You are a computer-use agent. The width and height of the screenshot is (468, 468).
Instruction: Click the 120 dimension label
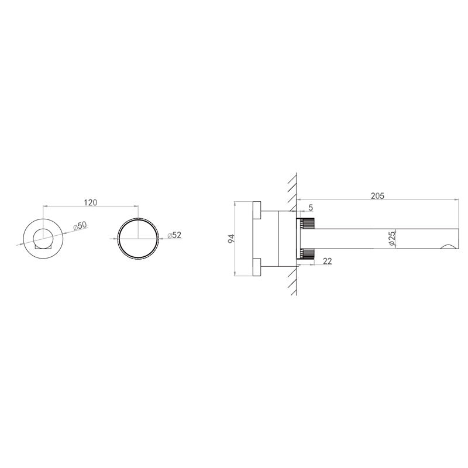click(91, 202)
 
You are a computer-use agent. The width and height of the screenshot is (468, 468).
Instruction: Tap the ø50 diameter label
click(80, 226)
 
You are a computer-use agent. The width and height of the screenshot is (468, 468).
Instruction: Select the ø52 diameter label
click(174, 235)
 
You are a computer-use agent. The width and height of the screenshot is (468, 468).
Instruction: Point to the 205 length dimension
click(377, 196)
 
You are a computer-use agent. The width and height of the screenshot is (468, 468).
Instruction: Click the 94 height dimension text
click(232, 239)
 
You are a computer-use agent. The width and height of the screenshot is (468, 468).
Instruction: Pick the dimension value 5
click(311, 208)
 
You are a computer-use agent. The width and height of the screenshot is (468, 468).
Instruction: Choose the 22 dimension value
click(327, 261)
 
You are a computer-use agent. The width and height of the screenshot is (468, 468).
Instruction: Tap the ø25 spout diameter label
click(392, 239)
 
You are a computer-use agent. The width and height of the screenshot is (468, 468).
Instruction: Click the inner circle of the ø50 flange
click(43, 229)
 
